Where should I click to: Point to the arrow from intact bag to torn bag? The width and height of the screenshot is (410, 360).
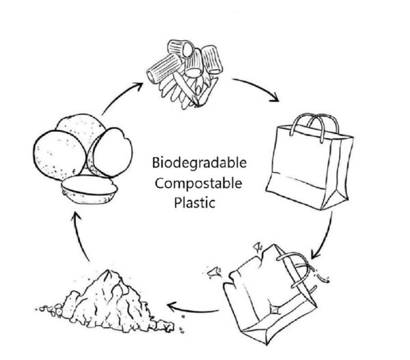point(327,236)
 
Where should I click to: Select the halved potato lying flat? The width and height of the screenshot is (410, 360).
point(89,186)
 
